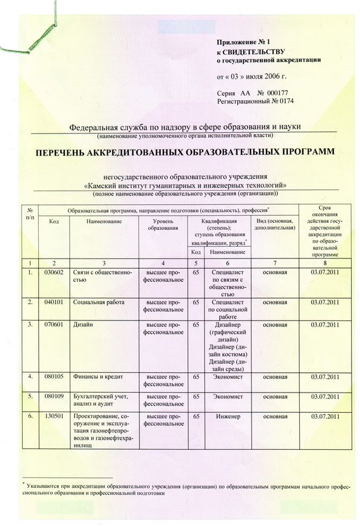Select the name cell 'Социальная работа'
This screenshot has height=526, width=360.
[95, 303]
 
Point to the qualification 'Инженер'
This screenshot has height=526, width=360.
[229, 416]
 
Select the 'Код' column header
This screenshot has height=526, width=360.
[54, 222]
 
